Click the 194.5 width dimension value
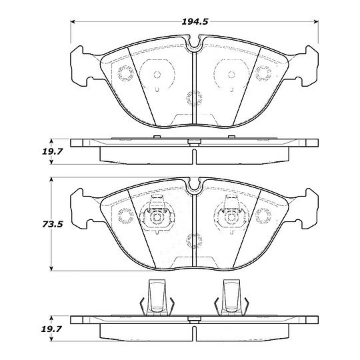(195, 22)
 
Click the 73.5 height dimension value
(53, 224)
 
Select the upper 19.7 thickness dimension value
(52, 151)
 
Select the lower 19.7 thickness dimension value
(51, 329)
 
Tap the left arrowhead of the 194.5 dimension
(73, 22)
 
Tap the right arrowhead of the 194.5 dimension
(316, 22)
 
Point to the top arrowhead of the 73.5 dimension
(51, 179)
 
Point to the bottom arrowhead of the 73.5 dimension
(51, 269)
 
